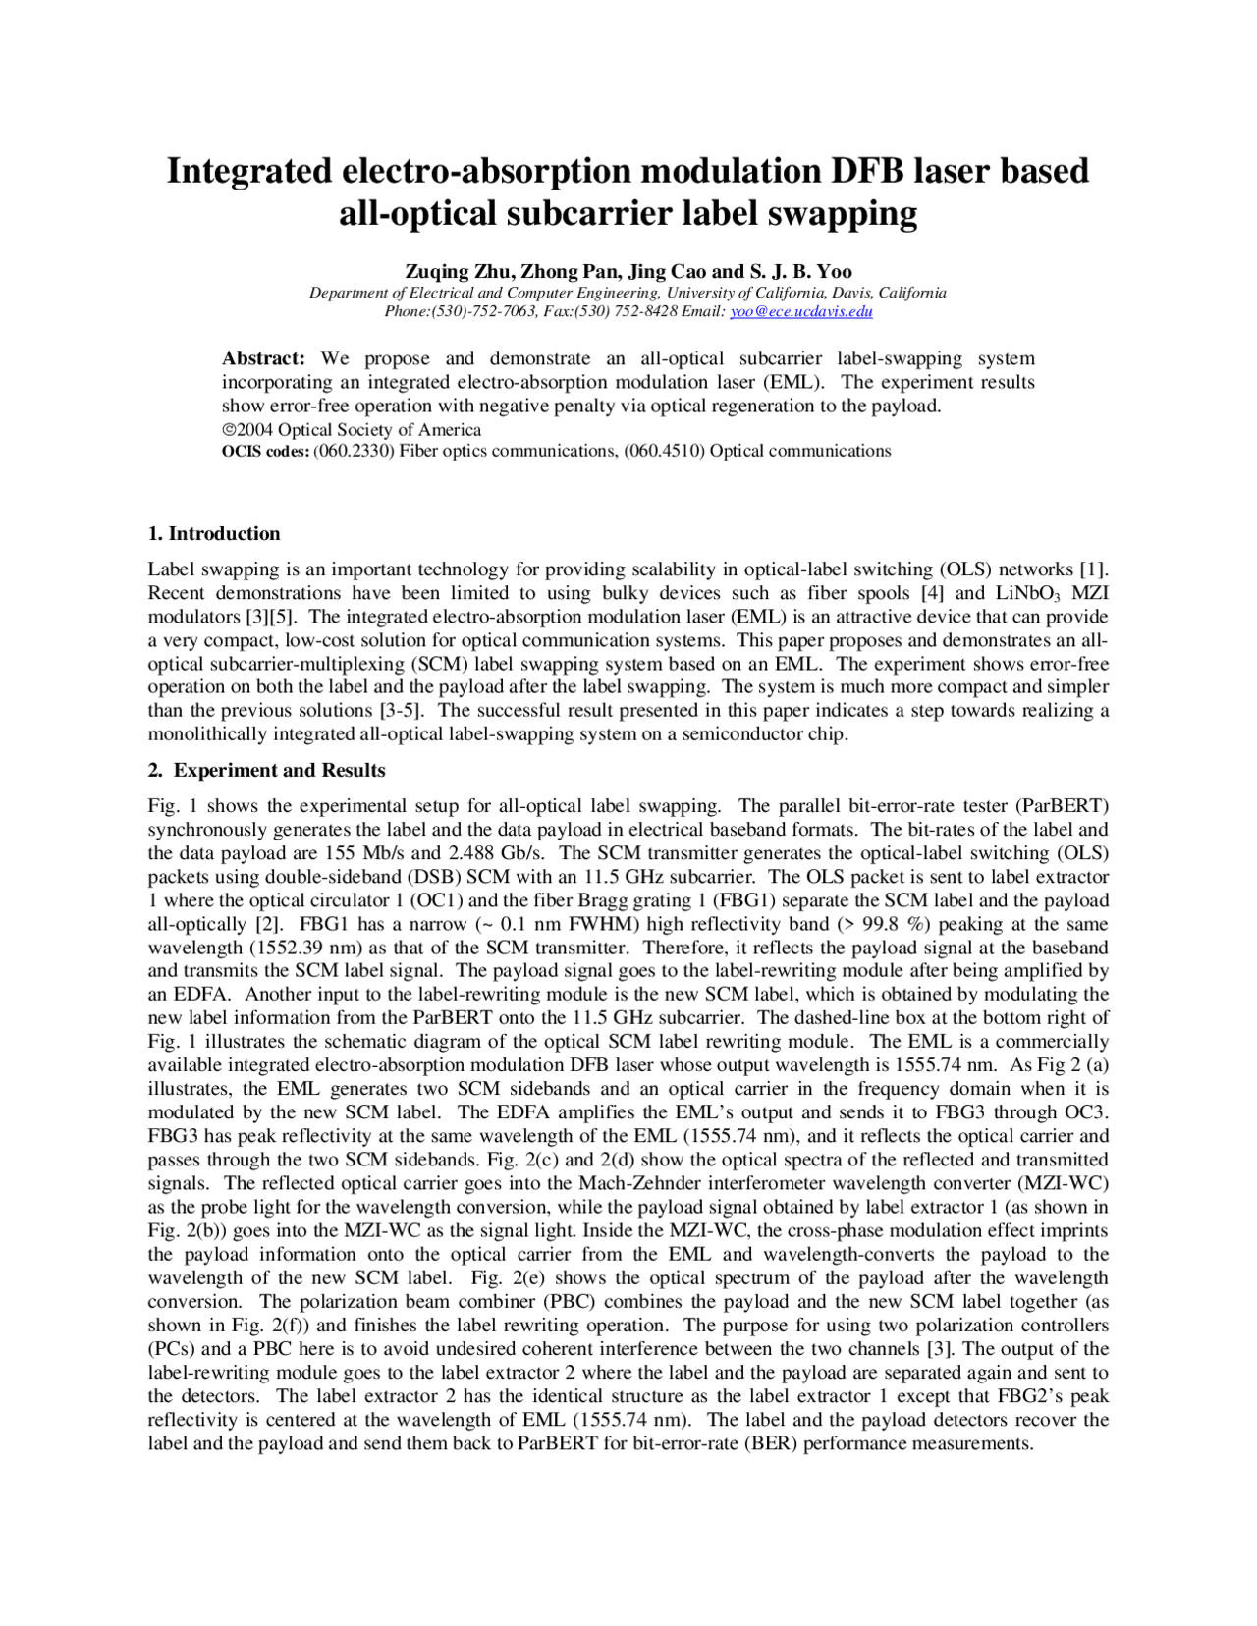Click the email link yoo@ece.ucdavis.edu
coord(800,311)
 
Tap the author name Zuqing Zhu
coord(458,272)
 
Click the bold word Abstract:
coord(263,358)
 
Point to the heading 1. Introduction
coord(214,534)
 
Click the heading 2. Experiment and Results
coord(266,771)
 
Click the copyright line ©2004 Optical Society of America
coord(351,430)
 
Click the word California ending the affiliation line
coord(912,293)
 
